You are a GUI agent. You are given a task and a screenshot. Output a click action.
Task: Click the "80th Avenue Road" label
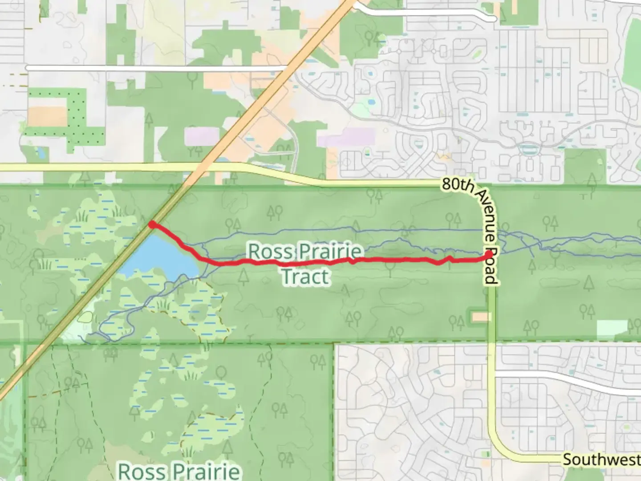pos(472,229)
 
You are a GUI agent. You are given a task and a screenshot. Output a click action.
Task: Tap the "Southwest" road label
pos(601,459)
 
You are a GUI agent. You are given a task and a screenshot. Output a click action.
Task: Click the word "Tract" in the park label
pos(306,277)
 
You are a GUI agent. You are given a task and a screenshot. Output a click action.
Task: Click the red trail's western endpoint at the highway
pos(152,224)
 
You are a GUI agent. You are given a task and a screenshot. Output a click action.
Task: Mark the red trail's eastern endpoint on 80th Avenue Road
pos(489,254)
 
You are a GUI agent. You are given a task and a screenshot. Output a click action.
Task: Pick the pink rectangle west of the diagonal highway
pos(202,136)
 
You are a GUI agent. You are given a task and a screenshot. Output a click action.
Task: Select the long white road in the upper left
pos(156,68)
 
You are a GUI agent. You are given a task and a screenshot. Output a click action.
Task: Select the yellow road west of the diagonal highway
pos(89,167)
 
